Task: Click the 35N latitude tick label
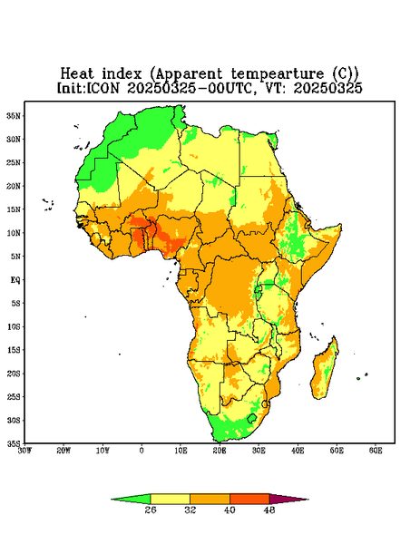pos(14,115)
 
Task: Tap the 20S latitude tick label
pos(14,374)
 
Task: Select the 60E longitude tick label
pos(376,451)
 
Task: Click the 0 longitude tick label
pos(142,451)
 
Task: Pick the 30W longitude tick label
pos(24,451)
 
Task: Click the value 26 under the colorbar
pos(151,510)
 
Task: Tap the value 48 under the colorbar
pos(269,510)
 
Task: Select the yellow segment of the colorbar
pos(170,499)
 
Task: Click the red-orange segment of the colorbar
pos(249,499)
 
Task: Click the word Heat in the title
pos(77,73)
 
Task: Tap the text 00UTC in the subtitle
pos(230,88)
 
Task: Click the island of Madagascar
pos(326,370)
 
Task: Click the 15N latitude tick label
pos(14,209)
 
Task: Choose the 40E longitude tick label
pos(298,451)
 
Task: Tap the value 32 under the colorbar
pos(190,510)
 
